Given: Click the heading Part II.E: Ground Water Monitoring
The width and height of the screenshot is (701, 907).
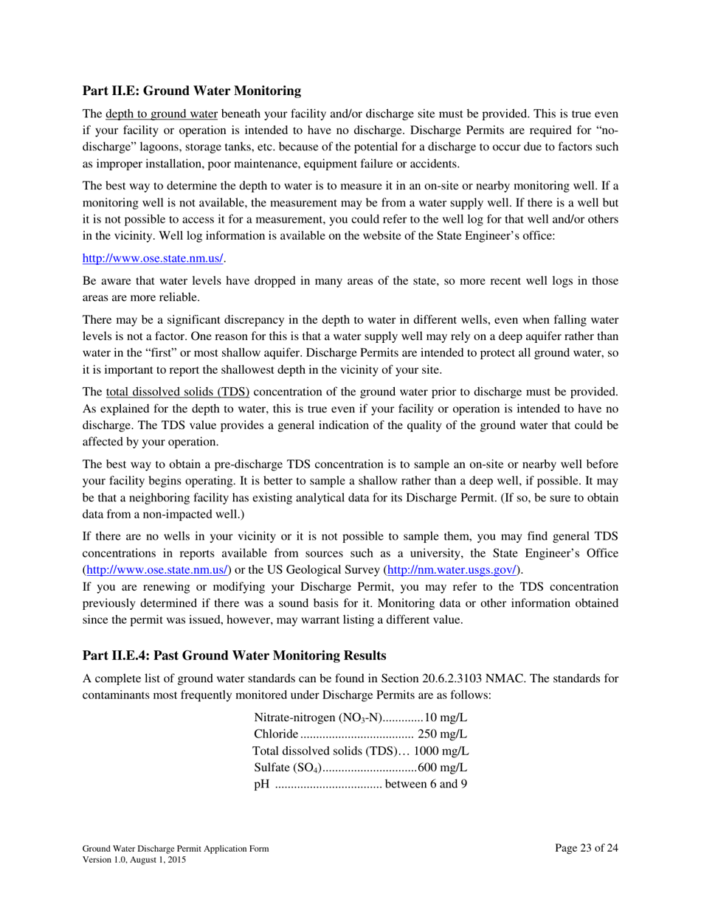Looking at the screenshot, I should click(191, 91).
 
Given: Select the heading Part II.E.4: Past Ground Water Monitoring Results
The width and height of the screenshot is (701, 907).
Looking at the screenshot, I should click(234, 655).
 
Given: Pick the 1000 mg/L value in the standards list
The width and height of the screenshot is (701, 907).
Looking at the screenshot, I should click(441, 751).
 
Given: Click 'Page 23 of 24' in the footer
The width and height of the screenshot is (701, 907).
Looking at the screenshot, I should click(586, 848).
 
